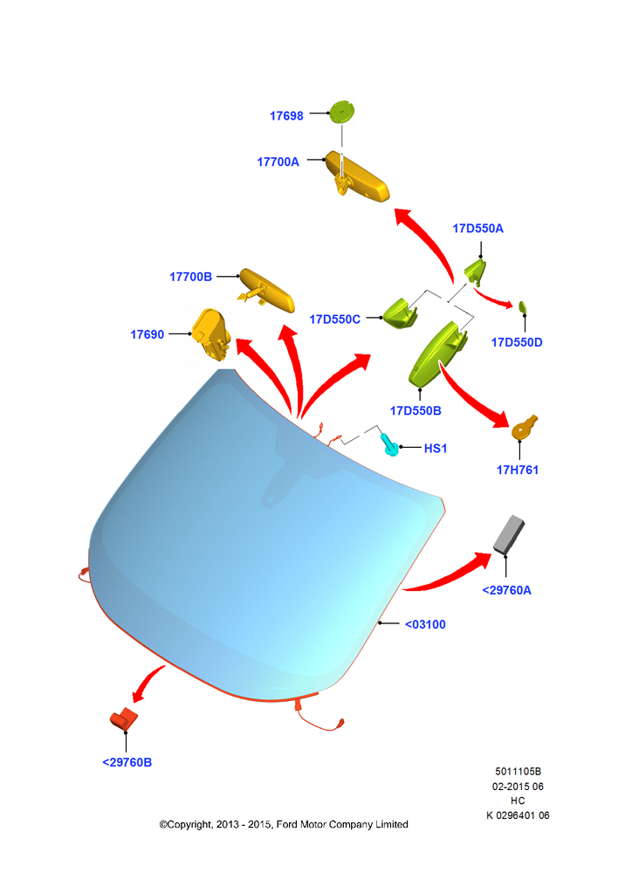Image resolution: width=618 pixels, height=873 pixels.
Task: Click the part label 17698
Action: (x=286, y=116)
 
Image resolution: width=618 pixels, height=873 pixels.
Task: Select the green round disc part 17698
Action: (x=342, y=112)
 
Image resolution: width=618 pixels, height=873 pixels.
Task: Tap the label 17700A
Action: (x=278, y=162)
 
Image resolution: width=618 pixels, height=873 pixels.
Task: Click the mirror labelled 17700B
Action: (x=266, y=290)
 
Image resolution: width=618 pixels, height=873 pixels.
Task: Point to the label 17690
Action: (x=147, y=334)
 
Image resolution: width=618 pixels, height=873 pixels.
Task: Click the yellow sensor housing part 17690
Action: (x=211, y=334)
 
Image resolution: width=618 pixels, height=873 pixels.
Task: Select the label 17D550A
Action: (x=477, y=228)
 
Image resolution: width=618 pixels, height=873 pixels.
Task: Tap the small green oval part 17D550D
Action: (x=523, y=306)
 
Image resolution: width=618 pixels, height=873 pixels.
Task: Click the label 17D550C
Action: (x=334, y=320)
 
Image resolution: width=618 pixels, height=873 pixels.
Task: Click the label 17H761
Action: (x=518, y=470)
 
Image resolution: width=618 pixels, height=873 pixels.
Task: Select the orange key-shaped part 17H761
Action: (x=525, y=427)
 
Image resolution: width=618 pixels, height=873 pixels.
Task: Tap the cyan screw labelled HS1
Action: (x=389, y=444)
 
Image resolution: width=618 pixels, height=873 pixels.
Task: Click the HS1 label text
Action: (x=436, y=448)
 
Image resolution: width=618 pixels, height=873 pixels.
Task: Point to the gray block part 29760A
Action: (x=509, y=534)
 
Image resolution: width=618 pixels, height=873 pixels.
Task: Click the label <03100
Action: (x=425, y=625)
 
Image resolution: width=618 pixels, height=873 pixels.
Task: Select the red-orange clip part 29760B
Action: (x=123, y=718)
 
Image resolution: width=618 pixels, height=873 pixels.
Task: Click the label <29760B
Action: (x=127, y=763)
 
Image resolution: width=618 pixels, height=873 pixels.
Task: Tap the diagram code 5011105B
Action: (x=518, y=772)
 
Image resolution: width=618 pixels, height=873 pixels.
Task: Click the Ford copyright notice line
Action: (x=284, y=825)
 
